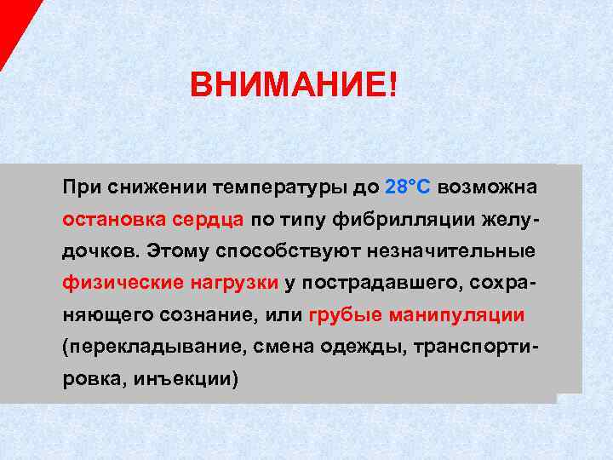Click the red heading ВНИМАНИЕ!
coord(293,85)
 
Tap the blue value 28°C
coord(409,187)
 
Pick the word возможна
coord(489,187)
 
